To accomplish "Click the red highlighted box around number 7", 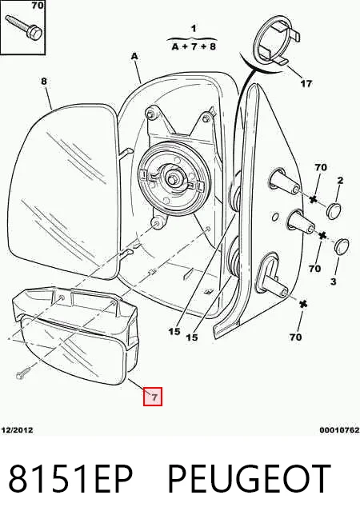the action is pyautogui.click(x=153, y=397).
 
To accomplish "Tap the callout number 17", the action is pyautogui.click(x=306, y=83).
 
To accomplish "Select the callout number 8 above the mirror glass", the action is pyautogui.click(x=44, y=82).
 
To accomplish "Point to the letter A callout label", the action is pyautogui.click(x=134, y=57).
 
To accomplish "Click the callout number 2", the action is pyautogui.click(x=340, y=181).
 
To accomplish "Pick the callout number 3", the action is pyautogui.click(x=334, y=281).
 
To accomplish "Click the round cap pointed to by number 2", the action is pyautogui.click(x=334, y=210).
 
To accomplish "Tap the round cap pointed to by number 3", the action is pyautogui.click(x=342, y=246).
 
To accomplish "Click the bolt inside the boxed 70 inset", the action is pyautogui.click(x=24, y=27).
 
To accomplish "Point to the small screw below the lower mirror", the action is pyautogui.click(x=23, y=373).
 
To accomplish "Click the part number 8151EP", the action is pyautogui.click(x=70, y=479).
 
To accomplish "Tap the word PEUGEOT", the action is pyautogui.click(x=249, y=479).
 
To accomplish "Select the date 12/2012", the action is pyautogui.click(x=18, y=430).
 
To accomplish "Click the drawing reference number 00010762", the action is pyautogui.click(x=339, y=430).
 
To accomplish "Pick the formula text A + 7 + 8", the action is pyautogui.click(x=194, y=46).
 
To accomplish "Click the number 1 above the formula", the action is pyautogui.click(x=194, y=29).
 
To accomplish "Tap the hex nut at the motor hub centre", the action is pyautogui.click(x=172, y=180).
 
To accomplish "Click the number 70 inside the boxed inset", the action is pyautogui.click(x=38, y=6).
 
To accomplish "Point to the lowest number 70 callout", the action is pyautogui.click(x=296, y=337).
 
